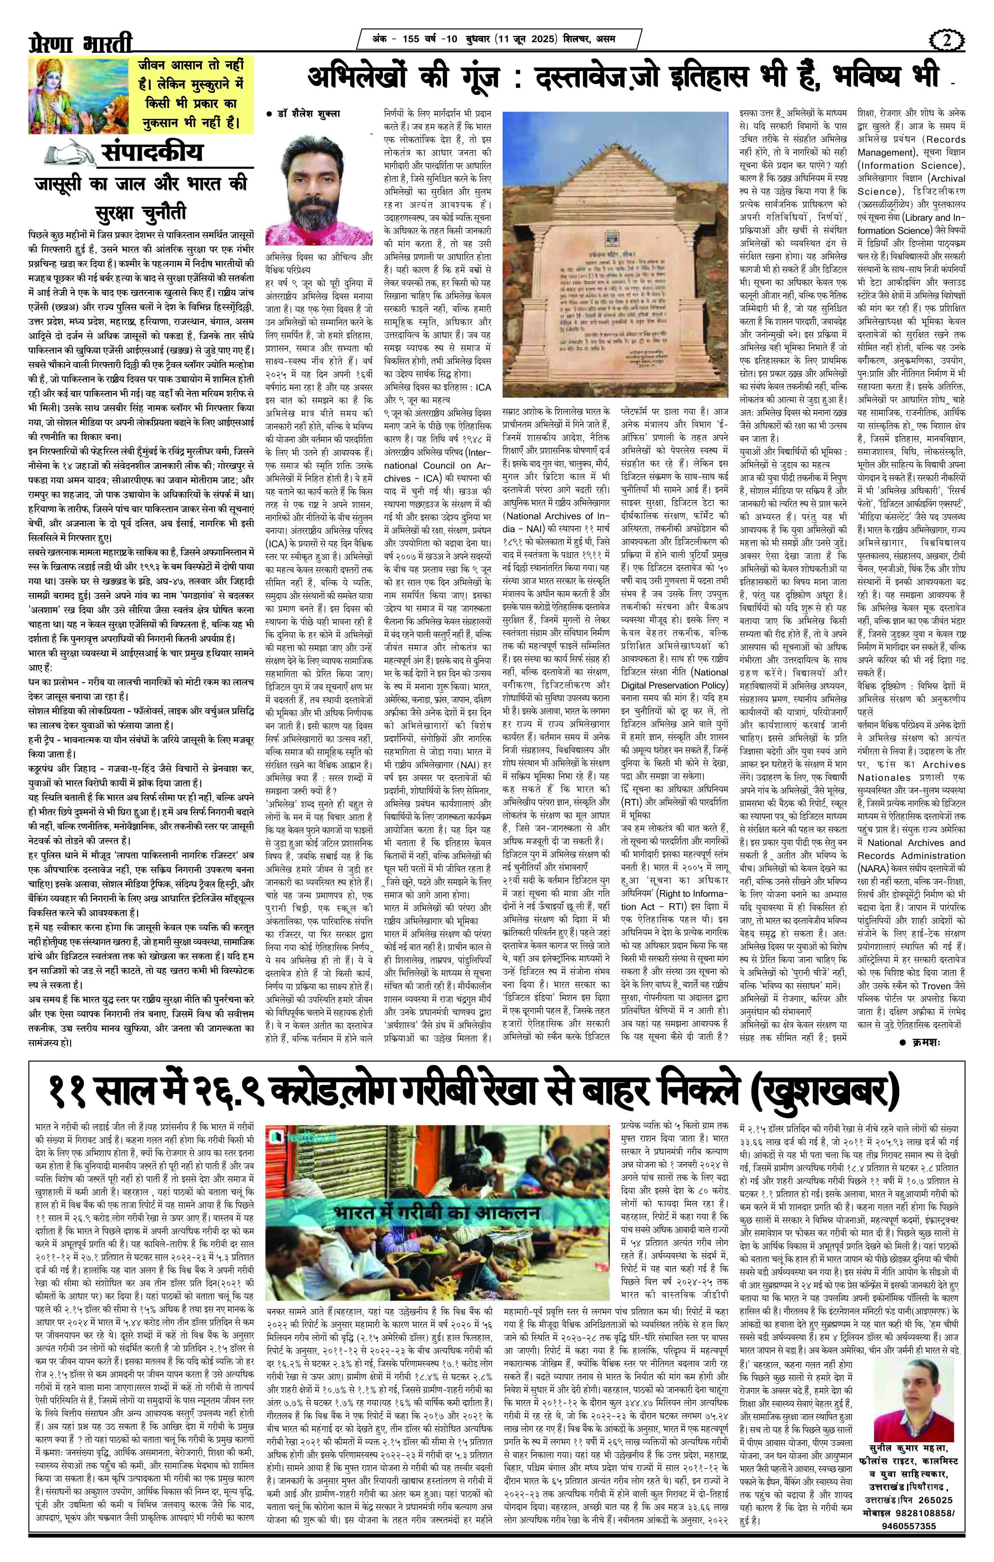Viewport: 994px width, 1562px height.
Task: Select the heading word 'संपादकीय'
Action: coord(150,153)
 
